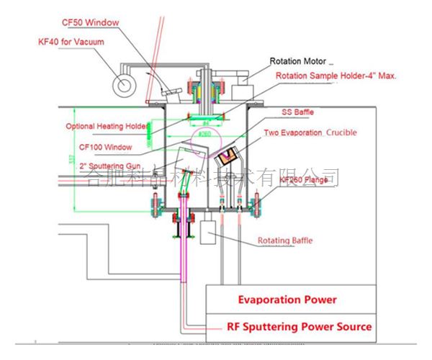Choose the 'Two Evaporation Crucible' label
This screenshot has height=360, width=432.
tap(310, 133)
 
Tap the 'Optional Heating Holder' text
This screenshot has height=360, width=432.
tap(107, 126)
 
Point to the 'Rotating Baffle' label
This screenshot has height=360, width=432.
tap(287, 240)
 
